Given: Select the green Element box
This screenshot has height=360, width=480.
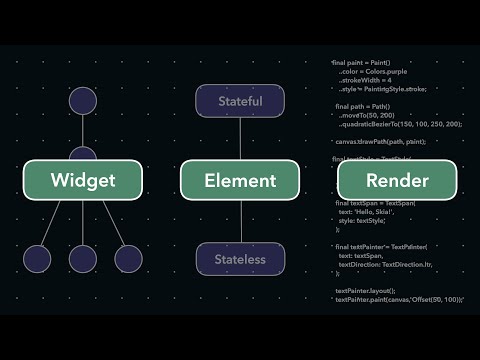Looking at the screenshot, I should [240, 180].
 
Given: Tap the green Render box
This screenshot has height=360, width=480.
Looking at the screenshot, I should [397, 180].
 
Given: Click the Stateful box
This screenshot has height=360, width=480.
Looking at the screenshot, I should [240, 101].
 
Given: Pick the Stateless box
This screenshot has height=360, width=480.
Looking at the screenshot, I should [240, 260].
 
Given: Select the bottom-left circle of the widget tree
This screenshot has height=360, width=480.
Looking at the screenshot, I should [37, 259].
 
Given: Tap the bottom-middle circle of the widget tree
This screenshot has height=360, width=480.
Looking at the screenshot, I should [82, 259].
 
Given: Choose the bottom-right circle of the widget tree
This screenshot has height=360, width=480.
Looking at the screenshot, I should [129, 259].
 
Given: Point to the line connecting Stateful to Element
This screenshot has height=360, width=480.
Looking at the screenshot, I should [240, 138].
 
